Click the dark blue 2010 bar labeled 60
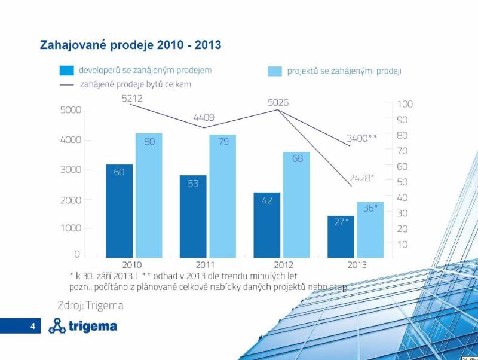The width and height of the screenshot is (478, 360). (x=119, y=210)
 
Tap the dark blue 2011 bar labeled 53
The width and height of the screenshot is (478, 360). (x=193, y=216)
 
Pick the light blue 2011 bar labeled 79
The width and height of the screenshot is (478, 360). (x=222, y=196)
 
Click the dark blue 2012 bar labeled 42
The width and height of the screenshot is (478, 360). (x=266, y=225)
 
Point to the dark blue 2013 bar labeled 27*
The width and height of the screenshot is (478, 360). (x=341, y=237)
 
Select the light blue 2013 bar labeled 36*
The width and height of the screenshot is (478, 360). (x=370, y=230)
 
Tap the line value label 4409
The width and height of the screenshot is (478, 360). (x=204, y=118)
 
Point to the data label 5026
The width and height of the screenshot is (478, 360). (x=278, y=103)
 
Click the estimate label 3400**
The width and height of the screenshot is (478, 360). (x=362, y=139)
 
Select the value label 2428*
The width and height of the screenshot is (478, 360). (x=362, y=178)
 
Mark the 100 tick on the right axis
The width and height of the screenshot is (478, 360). (x=405, y=104)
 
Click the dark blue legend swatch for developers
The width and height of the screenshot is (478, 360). (x=66, y=71)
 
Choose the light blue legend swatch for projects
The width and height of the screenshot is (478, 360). (x=275, y=71)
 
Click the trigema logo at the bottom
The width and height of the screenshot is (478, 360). (x=83, y=326)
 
